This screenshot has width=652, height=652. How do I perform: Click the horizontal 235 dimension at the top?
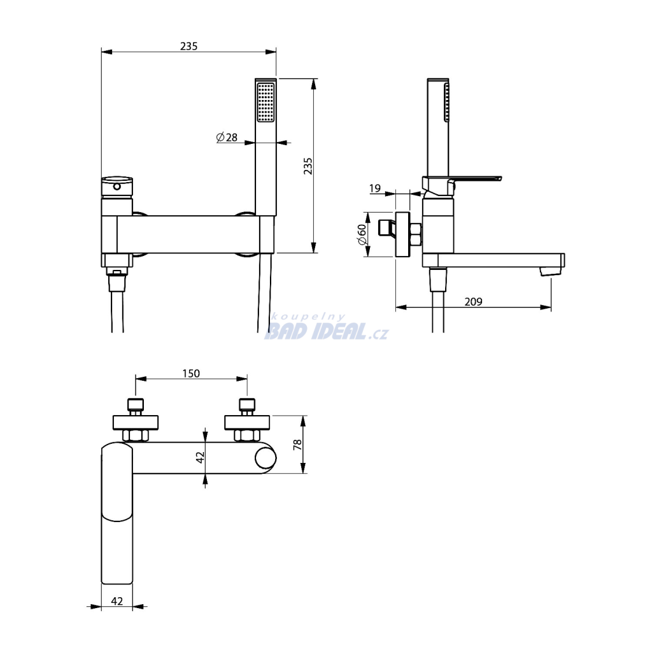(188, 46)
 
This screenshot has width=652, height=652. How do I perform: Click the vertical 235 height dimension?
(308, 166)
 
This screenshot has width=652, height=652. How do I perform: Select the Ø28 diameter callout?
(227, 137)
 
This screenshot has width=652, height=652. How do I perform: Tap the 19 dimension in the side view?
(375, 188)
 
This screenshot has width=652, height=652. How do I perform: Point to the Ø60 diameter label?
(362, 235)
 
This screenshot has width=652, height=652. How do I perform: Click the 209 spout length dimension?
(473, 301)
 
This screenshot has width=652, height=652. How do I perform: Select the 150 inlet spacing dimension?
(191, 373)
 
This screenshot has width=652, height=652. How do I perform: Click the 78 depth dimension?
(297, 444)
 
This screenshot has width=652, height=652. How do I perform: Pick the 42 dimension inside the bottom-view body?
(201, 457)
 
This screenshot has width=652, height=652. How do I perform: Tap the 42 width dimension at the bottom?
(117, 601)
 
